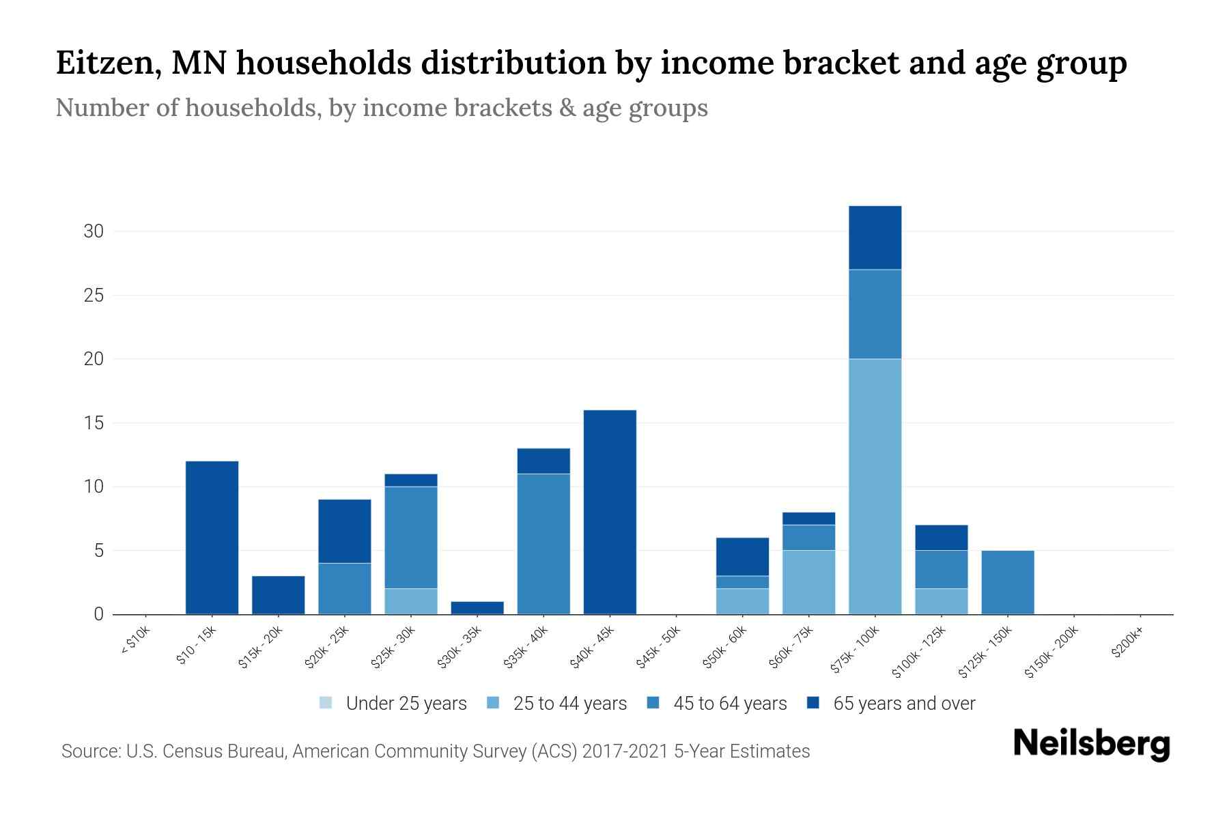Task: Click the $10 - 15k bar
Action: (212, 538)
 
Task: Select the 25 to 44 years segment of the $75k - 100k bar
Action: (875, 487)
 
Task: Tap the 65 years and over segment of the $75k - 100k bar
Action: (875, 238)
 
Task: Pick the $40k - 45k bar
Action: (610, 512)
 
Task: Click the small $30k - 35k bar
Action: (477, 607)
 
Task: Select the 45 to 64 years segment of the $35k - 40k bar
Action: (543, 544)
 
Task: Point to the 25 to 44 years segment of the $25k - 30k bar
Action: (411, 601)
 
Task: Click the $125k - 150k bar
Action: (1007, 582)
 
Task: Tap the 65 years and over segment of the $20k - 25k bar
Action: (345, 531)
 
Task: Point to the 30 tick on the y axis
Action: (94, 231)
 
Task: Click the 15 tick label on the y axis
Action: (94, 423)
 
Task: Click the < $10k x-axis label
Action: (136, 642)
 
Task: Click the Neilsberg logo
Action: (1091, 744)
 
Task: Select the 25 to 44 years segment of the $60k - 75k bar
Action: (808, 582)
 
